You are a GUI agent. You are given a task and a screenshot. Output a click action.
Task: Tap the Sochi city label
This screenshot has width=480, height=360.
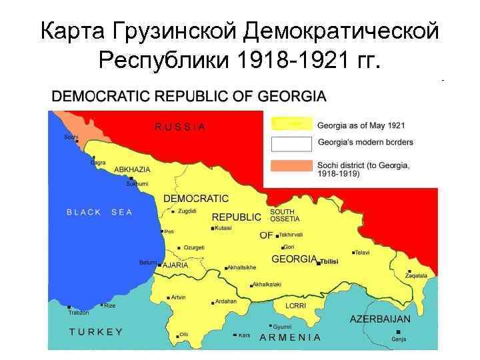[x=71, y=137]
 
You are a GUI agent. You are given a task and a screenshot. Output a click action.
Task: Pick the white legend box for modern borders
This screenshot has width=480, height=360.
[x=291, y=143]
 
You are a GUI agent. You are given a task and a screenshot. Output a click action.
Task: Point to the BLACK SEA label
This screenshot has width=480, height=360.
[x=99, y=213]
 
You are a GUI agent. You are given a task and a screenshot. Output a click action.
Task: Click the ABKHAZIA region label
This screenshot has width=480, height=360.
[x=132, y=170]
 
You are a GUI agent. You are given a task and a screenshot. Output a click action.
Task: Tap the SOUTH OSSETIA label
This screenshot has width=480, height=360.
[x=285, y=215]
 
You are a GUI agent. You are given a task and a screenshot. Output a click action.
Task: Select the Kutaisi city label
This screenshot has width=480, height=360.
[x=224, y=228]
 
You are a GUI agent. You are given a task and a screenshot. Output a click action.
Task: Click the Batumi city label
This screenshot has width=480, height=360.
[x=147, y=262]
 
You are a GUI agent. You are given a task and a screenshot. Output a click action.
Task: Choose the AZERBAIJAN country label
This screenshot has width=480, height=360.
[x=380, y=319]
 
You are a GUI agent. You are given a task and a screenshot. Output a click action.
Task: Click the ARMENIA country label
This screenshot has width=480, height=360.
[x=290, y=337]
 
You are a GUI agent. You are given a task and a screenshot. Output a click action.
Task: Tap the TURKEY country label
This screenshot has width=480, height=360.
[x=96, y=331]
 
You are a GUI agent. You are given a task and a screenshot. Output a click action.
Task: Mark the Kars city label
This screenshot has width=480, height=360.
[x=244, y=335]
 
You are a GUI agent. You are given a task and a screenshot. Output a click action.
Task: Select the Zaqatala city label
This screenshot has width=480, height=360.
[x=418, y=275]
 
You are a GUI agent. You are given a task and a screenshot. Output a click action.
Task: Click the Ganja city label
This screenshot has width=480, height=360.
[x=399, y=339]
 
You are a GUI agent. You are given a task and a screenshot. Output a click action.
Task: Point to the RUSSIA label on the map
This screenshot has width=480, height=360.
[x=180, y=126]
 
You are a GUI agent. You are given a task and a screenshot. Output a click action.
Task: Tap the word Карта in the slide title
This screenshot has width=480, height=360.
[x=75, y=31]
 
